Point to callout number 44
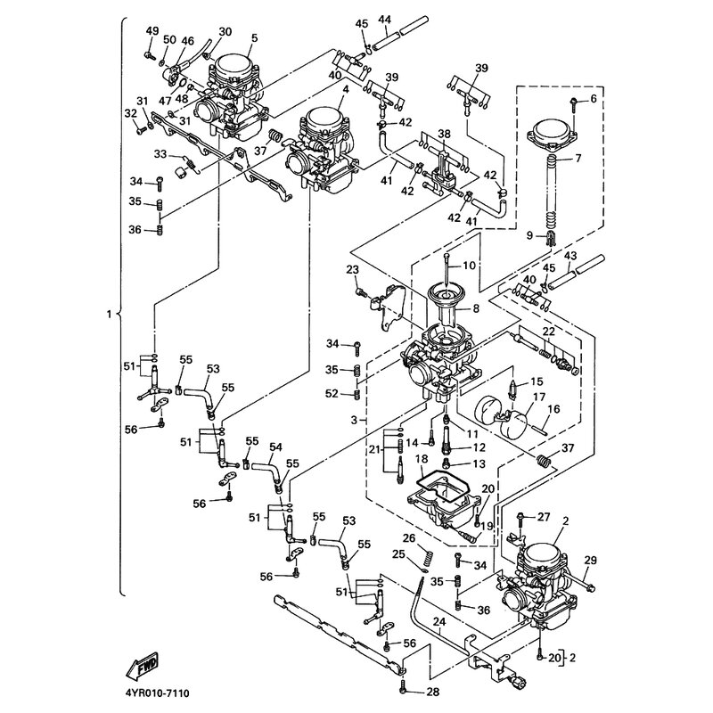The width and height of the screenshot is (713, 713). click(384, 19)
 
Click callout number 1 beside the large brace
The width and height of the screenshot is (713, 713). click(109, 315)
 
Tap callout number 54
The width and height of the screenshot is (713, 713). click(275, 446)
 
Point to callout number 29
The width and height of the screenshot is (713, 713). click(589, 560)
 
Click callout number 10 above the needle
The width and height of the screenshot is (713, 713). click(470, 266)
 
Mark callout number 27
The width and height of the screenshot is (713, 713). click(544, 516)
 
